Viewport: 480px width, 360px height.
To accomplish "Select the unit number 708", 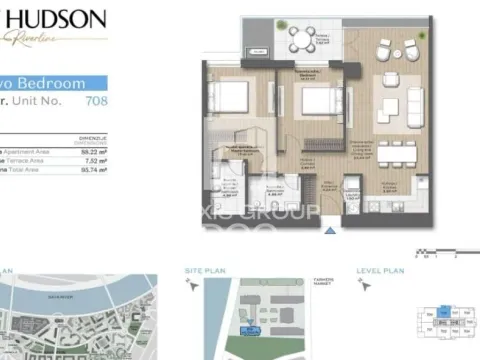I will [97, 101].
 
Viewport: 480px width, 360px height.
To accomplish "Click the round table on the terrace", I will [299, 39].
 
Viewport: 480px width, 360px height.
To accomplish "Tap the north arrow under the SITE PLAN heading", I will [194, 286].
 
